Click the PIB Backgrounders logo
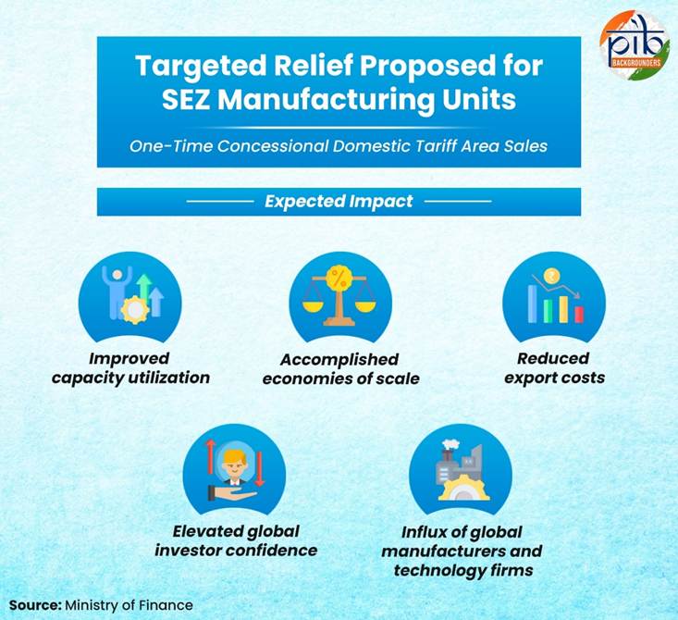point(634,44)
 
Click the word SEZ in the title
point(186,100)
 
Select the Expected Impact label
point(339,201)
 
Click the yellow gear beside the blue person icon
point(134,309)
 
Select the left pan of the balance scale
point(313,306)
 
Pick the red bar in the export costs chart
point(579,315)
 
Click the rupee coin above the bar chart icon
point(551,276)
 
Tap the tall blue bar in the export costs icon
point(532,304)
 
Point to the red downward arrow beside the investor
point(259,469)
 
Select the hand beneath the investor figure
point(232,493)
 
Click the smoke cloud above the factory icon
point(450,445)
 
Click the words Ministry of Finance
point(129,605)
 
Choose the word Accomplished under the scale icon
point(339,360)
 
